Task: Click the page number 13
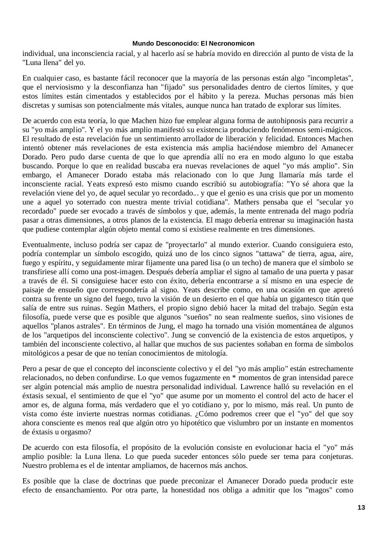point(361,508)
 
